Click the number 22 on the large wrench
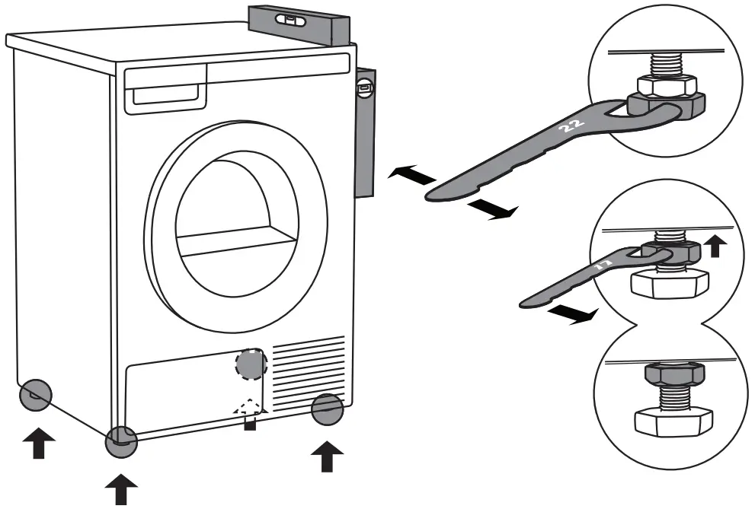[570, 126]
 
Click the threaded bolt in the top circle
[667, 63]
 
